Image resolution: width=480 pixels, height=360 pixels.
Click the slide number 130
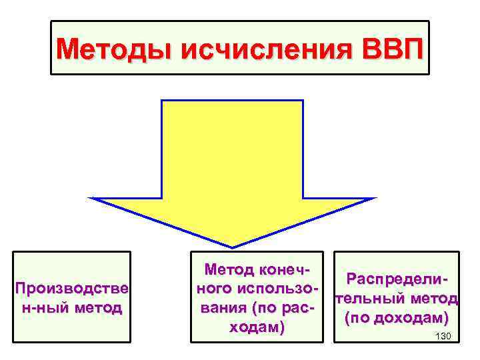coord(443,335)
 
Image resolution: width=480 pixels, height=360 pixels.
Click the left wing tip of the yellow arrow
coord(92,199)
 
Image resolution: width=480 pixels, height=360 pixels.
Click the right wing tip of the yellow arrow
coord(375,199)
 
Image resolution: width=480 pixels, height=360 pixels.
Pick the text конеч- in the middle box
coord(283,270)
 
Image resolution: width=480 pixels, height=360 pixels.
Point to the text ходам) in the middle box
coord(257,328)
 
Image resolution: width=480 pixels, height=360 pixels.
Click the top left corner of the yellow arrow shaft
coord(163,101)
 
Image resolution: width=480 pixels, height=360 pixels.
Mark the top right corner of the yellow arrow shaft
coord(303,101)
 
